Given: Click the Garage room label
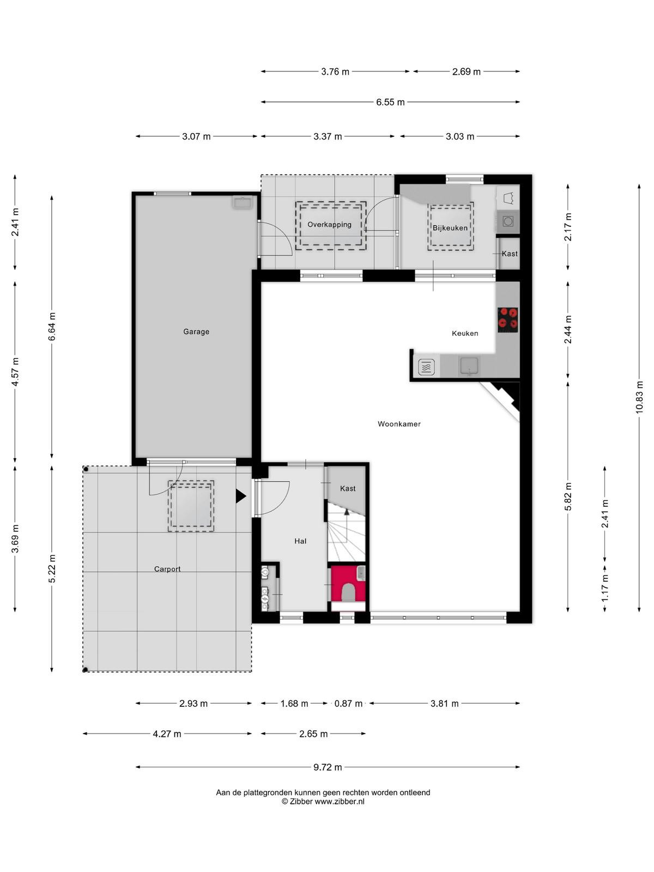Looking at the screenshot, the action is pos(196,331).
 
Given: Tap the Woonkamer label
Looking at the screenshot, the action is pos(399,424).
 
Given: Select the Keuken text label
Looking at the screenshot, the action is pos(465,334).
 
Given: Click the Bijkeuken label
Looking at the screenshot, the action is pos(450,228).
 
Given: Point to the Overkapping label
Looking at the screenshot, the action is pos(330,225).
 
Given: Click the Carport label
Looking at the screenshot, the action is pos(167,569).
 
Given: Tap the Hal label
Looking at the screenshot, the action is pos(300,541).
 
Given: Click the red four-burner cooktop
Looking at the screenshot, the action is pos(508,320).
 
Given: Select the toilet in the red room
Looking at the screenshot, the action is pos(348,592).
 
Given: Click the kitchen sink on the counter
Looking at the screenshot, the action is pos(469,366).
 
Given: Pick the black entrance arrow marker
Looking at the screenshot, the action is pos(241,496).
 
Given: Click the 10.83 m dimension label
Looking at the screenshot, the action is pos(639,397).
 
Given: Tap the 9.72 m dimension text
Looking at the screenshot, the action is pos(328,767).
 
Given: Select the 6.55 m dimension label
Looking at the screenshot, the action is pos(390,102).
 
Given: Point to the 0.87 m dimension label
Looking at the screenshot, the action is pos(348,704).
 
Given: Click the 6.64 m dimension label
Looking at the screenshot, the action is pos(52,326).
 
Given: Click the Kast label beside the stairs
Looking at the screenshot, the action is pos(348,489).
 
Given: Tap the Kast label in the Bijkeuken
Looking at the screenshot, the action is pos(510,253).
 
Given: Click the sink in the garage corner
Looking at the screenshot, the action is pos(242,203).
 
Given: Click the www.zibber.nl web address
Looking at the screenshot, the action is pos(340,801).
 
